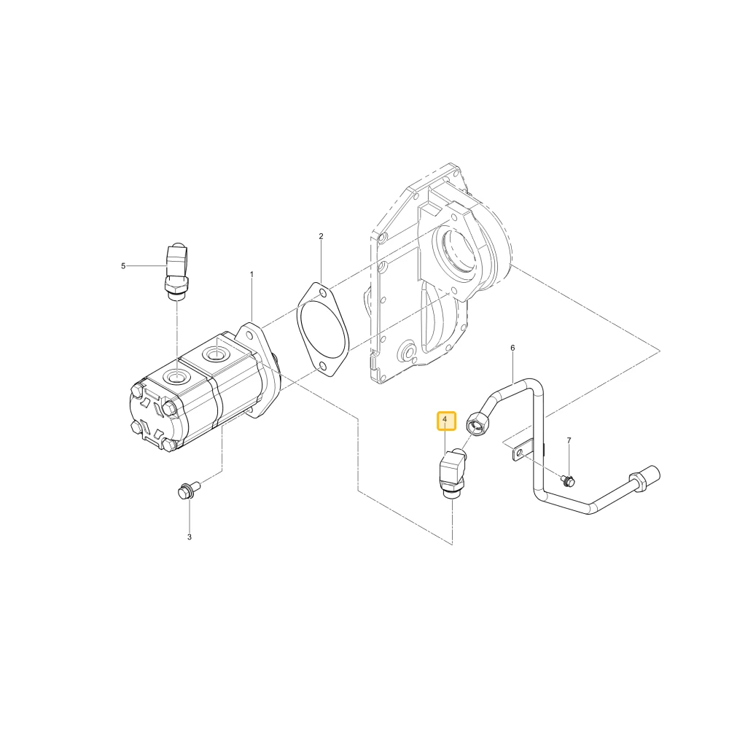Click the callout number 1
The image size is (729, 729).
(x=252, y=274)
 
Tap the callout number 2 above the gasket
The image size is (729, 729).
(x=321, y=236)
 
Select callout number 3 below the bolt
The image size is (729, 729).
(x=190, y=537)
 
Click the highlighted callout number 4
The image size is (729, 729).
(x=445, y=419)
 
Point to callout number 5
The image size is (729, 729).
(x=123, y=266)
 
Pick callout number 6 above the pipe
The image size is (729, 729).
(x=512, y=348)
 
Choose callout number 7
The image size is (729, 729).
(x=569, y=440)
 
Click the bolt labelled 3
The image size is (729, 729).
(x=188, y=490)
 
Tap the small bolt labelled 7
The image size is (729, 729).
(x=568, y=480)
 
